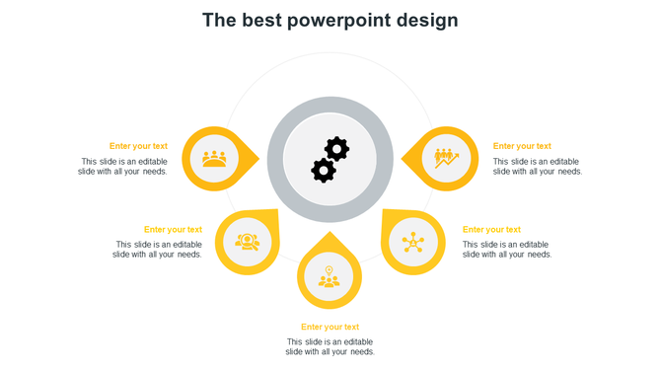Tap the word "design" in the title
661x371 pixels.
coord(427,21)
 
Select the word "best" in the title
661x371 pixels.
coord(261,21)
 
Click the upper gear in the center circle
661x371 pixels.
coord(337,149)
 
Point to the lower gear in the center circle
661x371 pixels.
coord(323,171)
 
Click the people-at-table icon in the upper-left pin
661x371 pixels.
coord(214,158)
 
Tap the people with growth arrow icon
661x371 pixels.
coord(446,158)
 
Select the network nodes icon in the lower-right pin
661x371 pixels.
coord(412,242)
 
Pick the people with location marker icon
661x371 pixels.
coord(330,277)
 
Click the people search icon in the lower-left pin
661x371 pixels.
coord(247,242)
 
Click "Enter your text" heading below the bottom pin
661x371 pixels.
coord(330,327)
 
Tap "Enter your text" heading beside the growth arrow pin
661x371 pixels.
coord(522,146)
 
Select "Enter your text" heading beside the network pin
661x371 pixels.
coord(491,230)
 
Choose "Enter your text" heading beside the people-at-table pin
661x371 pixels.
coord(138,146)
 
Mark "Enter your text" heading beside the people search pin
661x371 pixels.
coord(173,230)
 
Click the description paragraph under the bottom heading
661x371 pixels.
coord(330,346)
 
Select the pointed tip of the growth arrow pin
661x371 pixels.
coord(404,158)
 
